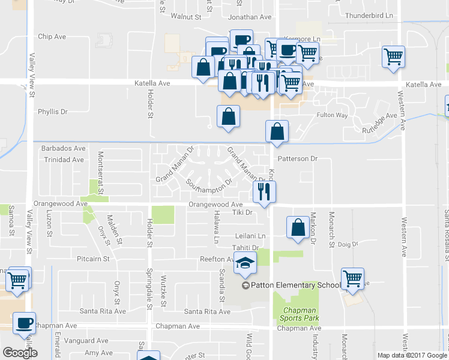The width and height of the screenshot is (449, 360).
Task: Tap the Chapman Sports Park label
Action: coord(298,314)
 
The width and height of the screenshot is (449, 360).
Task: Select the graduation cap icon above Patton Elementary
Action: coord(245,262)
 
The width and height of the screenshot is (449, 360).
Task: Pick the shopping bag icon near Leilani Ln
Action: coord(298,227)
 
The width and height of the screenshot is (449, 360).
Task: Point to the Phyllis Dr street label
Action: coord(53,112)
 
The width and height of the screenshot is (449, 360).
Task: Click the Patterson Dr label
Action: coord(297,159)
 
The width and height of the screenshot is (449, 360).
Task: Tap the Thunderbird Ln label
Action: coord(369,16)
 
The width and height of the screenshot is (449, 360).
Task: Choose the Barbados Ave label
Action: coord(63,148)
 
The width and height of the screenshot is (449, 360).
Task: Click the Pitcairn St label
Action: coord(93,259)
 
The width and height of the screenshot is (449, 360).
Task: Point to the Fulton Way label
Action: coord(333,115)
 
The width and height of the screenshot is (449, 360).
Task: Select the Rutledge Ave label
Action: coord(379,122)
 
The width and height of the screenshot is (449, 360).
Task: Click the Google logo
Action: coord(20,352)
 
